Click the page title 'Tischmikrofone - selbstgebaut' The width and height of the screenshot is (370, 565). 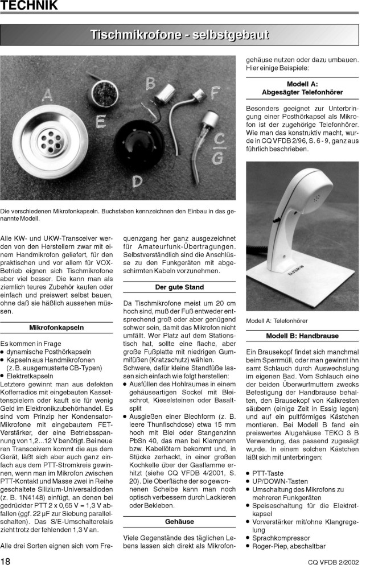tap(179, 35)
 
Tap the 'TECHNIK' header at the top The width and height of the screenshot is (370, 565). tap(30, 6)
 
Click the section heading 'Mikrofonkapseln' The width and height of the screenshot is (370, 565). tap(56, 328)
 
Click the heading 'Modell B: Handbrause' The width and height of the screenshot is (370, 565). tap(302, 336)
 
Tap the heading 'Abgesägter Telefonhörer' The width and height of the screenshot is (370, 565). tap(302, 92)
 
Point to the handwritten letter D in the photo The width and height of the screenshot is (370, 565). tap(137, 182)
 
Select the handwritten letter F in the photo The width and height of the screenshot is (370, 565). tap(215, 92)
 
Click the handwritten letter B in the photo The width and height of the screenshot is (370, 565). tap(150, 84)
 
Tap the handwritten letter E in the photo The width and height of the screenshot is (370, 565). tap(100, 121)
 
